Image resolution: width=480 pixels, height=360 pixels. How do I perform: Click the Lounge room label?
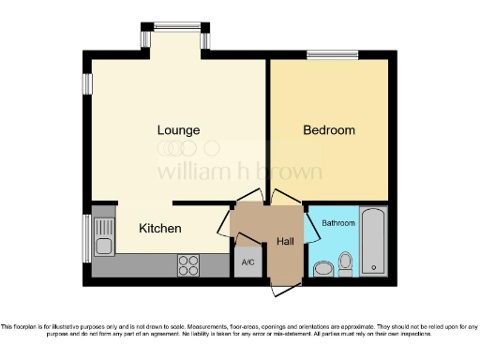pyautogui.click(x=178, y=129)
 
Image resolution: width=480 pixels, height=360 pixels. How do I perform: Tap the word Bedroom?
pyautogui.click(x=328, y=130)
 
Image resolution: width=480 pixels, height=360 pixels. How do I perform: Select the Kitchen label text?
pyautogui.click(x=160, y=229)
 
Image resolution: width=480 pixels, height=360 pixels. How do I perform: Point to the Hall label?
pyautogui.click(x=285, y=242)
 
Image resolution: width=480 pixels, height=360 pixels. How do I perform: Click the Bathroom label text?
pyautogui.click(x=338, y=223)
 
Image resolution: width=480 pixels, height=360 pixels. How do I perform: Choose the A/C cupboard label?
pyautogui.click(x=247, y=262)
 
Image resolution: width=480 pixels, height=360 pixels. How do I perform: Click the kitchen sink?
pyautogui.click(x=102, y=238)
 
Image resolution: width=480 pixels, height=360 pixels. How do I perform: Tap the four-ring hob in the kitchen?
pyautogui.click(x=188, y=264)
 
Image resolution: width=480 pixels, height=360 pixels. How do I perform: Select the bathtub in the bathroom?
pyautogui.click(x=373, y=241)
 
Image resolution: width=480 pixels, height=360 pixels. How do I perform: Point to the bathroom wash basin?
pyautogui.click(x=323, y=268)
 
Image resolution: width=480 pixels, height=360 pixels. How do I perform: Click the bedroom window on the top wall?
pyautogui.click(x=333, y=53)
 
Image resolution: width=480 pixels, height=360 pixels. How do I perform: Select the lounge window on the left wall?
pyautogui.click(x=86, y=83)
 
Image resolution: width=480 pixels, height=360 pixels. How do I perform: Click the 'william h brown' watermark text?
pyautogui.click(x=238, y=172)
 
